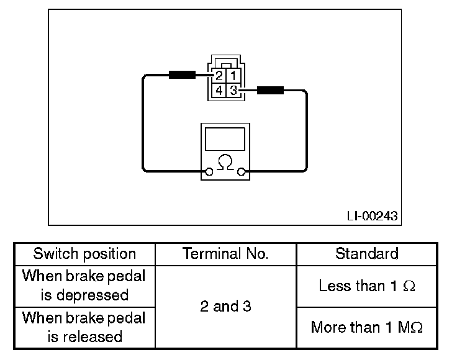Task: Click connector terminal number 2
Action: pyautogui.click(x=219, y=76)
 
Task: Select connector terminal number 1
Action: pyautogui.click(x=233, y=76)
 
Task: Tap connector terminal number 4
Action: pyautogui.click(x=219, y=91)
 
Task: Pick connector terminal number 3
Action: pyautogui.click(x=233, y=91)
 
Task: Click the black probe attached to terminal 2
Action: pyautogui.click(x=182, y=75)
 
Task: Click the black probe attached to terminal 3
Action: pyautogui.click(x=270, y=90)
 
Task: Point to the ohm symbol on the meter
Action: pyautogui.click(x=225, y=162)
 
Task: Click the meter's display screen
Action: pyautogui.click(x=225, y=139)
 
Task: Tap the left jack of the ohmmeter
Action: pyautogui.click(x=209, y=172)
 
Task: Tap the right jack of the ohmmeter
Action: pyautogui.click(x=241, y=172)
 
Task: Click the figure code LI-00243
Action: pyautogui.click(x=372, y=216)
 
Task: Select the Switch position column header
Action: pyautogui.click(x=84, y=254)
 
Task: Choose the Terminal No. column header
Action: pyautogui.click(x=225, y=253)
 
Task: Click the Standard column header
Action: pyautogui.click(x=366, y=253)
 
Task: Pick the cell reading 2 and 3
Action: pyautogui.click(x=225, y=307)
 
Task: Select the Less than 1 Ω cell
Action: pyautogui.click(x=366, y=286)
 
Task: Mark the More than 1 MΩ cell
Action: pyautogui.click(x=366, y=327)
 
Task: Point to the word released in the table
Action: pyautogui.click(x=93, y=337)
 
